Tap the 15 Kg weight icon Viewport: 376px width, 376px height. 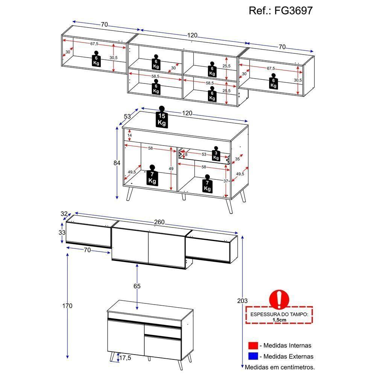162,118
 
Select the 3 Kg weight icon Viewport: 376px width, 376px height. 215,154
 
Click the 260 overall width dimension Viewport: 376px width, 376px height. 159,223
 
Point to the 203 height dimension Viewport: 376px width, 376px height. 243,301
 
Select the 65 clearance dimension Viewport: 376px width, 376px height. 137,287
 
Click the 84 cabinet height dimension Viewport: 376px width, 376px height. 117,163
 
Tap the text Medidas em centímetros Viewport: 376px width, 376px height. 280,367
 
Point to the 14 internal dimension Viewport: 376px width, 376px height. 129,135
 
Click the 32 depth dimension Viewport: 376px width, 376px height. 64,214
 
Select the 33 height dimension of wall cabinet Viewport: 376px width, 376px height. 62,233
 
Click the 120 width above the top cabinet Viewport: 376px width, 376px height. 192,36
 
